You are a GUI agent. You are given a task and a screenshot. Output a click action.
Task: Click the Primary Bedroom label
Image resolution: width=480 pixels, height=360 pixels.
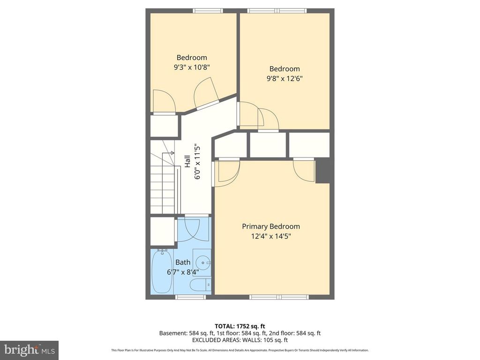(270, 226)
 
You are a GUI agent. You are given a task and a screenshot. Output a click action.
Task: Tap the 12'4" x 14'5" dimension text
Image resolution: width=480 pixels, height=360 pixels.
(270, 237)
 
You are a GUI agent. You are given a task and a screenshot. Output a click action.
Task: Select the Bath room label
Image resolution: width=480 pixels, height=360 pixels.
(183, 262)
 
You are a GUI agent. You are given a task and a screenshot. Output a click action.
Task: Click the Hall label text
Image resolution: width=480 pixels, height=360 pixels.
(187, 162)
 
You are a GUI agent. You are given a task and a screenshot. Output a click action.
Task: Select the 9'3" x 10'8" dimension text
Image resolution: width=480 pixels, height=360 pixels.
(191, 67)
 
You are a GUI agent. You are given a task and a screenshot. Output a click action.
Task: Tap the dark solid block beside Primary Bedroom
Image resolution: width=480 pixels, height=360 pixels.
(325, 171)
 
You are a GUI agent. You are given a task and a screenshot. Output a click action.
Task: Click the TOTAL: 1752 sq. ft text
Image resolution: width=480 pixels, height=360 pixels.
(240, 326)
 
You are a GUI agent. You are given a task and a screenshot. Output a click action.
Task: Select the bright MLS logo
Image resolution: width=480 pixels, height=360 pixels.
(29, 350)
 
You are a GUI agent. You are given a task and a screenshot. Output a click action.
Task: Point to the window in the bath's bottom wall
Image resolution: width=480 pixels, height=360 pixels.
(183, 297)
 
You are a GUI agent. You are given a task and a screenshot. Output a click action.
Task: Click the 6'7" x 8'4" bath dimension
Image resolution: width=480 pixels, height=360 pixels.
(183, 272)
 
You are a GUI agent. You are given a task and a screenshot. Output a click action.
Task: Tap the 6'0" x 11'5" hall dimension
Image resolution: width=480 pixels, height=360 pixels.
(197, 162)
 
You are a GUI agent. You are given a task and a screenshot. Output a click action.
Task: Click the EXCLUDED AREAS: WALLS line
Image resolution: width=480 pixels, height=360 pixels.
(240, 340)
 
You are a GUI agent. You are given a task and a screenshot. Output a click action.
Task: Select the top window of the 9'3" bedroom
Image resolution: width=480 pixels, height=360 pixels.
(208, 10)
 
